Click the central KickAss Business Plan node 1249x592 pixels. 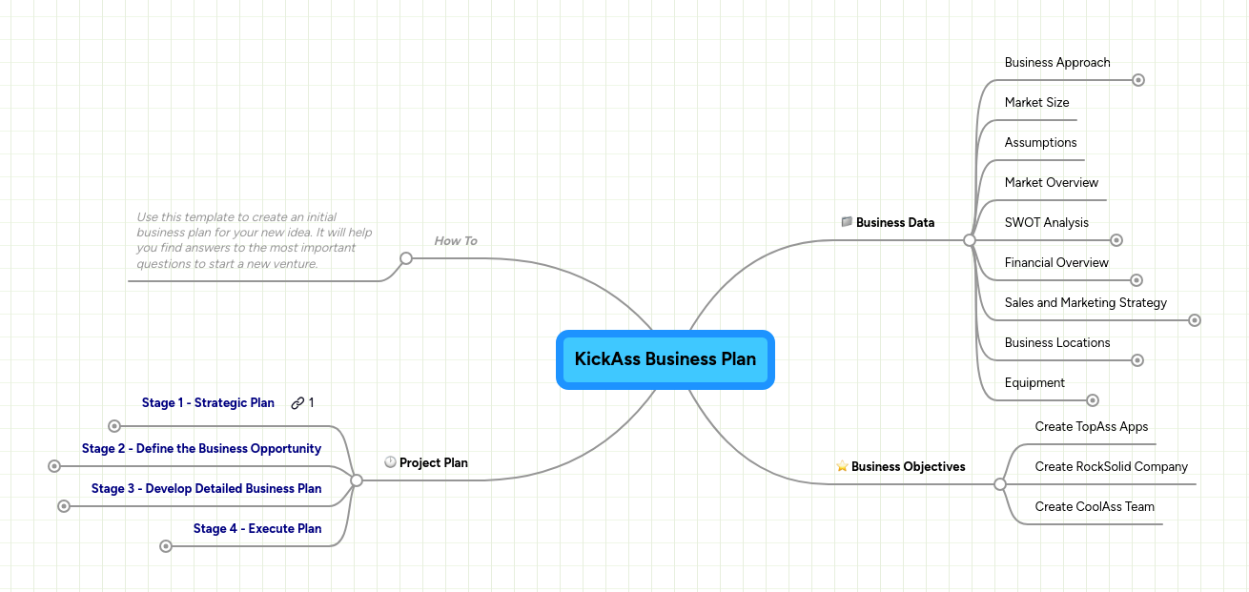click(665, 359)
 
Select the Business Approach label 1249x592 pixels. click(1057, 63)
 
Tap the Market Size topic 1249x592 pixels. click(1036, 103)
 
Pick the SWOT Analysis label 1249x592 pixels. click(1046, 223)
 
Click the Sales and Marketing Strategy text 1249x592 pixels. click(1085, 303)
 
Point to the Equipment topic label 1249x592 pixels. click(1034, 383)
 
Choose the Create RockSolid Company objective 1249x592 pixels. click(1111, 467)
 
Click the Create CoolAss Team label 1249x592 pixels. click(1095, 507)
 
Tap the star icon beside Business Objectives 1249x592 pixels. click(842, 467)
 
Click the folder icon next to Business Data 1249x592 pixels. click(847, 222)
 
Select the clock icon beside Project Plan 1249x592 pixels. click(390, 462)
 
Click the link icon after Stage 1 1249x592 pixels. click(297, 403)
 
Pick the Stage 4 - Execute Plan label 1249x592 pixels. click(257, 529)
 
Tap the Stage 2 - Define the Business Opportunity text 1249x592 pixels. click(201, 449)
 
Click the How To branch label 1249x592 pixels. click(456, 241)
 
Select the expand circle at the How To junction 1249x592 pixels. click(406, 258)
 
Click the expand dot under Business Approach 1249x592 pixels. click(1137, 80)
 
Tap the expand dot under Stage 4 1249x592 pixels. click(166, 546)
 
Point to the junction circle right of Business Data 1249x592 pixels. click(970, 240)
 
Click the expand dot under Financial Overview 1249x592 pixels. click(1136, 280)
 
